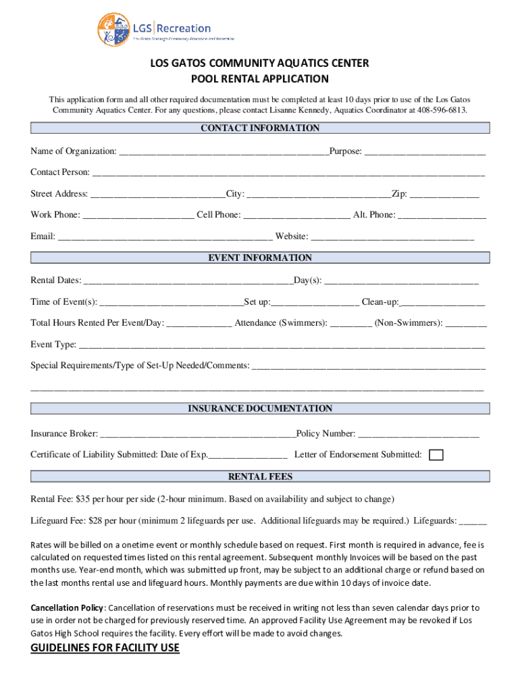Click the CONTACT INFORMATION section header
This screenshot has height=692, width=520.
pos(260,128)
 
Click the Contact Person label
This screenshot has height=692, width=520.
pos(59,172)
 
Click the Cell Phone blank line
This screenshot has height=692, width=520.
pos(296,216)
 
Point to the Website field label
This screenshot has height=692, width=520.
pos(291,237)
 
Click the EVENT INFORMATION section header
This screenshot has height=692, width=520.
pos(260,258)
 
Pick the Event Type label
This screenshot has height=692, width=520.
pos(53,345)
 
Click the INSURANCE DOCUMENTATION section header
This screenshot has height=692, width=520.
pos(260,409)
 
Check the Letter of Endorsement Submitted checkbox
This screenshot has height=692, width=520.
pos(437,455)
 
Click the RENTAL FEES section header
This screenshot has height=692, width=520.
pos(260,477)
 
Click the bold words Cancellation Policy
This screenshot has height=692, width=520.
pos(68,608)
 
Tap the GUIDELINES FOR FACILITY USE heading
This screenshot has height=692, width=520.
pos(105,649)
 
